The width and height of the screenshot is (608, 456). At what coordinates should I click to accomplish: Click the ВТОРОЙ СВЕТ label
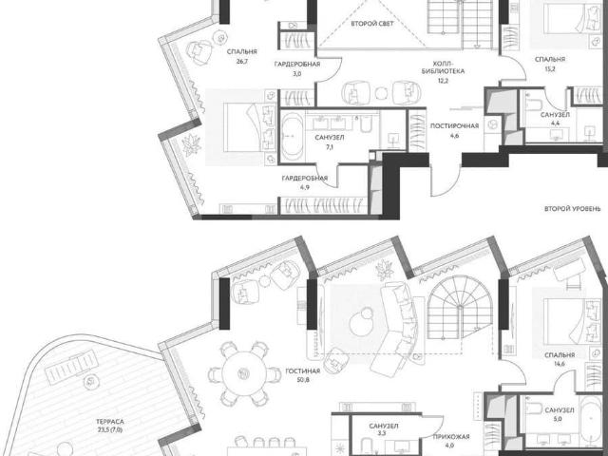(x=372, y=24)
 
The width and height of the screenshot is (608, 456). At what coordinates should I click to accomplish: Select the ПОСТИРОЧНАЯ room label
(x=454, y=126)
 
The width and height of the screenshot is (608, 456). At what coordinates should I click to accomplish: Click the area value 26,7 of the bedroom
(x=242, y=61)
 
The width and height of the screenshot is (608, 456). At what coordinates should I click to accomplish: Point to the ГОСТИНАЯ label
(x=303, y=371)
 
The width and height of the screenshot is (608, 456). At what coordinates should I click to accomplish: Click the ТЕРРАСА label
(x=110, y=422)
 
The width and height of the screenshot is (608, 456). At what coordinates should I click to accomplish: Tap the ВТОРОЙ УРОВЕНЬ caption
(x=572, y=209)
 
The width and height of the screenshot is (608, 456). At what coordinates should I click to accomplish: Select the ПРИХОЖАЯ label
(x=451, y=437)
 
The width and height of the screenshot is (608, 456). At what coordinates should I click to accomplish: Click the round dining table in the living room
(x=244, y=373)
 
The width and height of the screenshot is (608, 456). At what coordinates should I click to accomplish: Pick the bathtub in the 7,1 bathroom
(x=292, y=137)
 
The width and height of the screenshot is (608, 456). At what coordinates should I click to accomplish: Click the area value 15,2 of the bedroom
(x=550, y=69)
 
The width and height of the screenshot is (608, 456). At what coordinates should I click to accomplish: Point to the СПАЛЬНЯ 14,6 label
(x=560, y=359)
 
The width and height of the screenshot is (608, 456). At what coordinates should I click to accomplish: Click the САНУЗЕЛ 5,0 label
(x=560, y=414)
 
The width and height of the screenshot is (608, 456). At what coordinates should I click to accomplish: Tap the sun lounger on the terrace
(x=71, y=367)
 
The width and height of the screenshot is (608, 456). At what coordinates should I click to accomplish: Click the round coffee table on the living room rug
(x=361, y=321)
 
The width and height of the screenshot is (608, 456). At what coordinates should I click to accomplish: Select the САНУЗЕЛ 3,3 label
(x=384, y=429)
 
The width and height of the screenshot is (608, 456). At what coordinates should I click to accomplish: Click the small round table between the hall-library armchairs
(x=382, y=93)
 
